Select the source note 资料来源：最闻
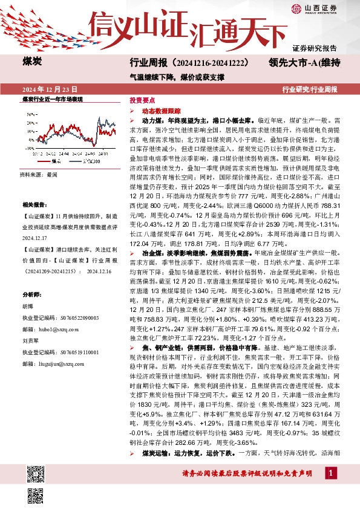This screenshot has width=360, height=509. click(x=38, y=174)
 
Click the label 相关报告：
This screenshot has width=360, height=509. click(x=34, y=205)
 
